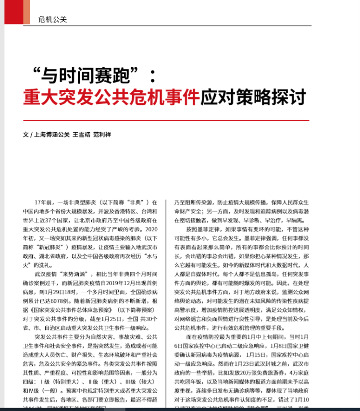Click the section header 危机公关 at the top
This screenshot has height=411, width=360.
click(x=52, y=20)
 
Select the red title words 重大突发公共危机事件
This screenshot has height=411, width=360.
click(x=111, y=97)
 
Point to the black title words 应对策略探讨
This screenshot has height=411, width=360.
click(x=253, y=97)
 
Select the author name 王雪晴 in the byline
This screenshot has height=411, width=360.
click(x=81, y=135)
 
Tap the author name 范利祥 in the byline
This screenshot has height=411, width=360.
click(x=102, y=135)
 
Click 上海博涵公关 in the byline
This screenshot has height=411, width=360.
click(x=52, y=135)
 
